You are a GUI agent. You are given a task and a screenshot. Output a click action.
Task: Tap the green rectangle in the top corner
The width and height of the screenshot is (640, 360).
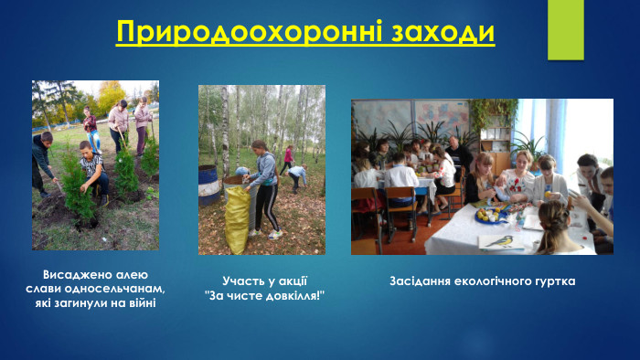click(565, 16)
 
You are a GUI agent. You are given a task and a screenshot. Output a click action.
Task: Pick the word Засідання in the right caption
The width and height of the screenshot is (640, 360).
click(421, 281)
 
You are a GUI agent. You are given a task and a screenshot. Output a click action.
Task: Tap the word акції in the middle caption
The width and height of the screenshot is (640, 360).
click(290, 281)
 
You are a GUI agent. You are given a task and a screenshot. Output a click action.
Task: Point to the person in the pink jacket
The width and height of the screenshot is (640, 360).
click(288, 156)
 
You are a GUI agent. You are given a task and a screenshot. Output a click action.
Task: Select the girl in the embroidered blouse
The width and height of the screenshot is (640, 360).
click(517, 177)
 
